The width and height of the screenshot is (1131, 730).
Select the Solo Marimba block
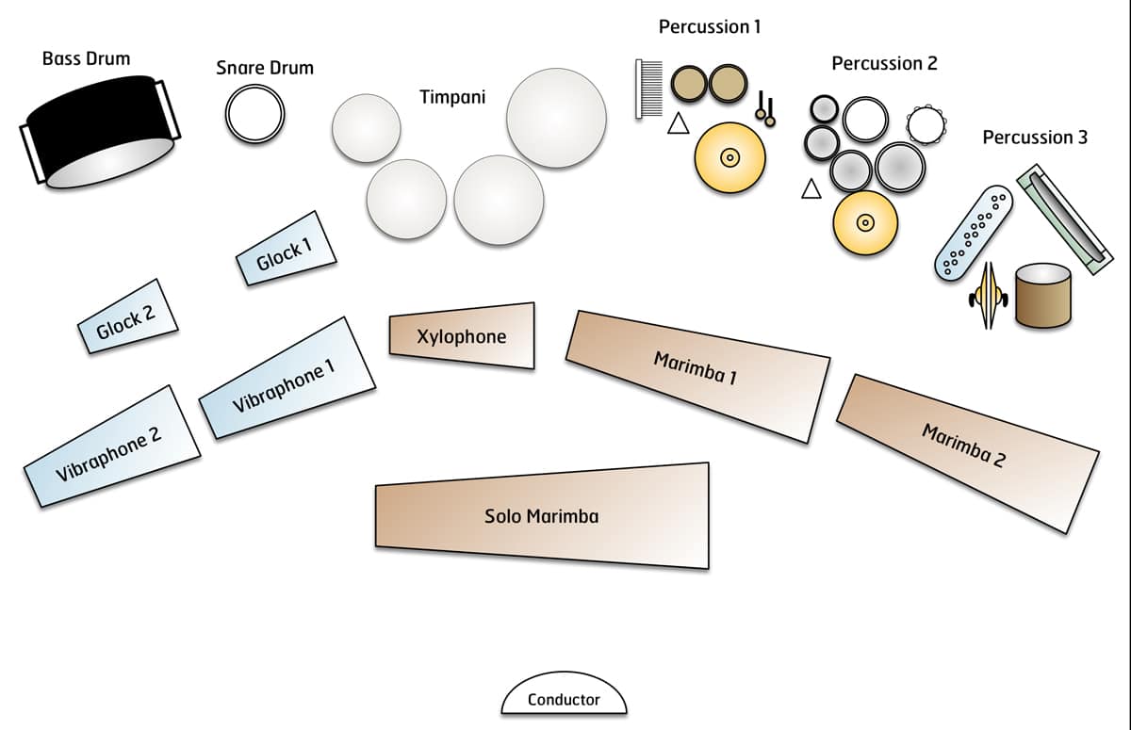(542, 516)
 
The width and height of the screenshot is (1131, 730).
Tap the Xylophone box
(462, 335)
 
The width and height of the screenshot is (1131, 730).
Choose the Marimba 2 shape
(967, 449)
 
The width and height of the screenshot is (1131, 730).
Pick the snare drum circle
(254, 113)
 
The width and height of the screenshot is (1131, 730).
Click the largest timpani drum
(555, 117)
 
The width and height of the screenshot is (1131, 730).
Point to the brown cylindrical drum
(1043, 295)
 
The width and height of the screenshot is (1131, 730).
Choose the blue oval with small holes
(974, 231)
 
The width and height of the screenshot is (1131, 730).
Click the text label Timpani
(452, 96)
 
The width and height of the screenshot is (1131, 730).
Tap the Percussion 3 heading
(1034, 138)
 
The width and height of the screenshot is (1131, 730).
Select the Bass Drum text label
(87, 58)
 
